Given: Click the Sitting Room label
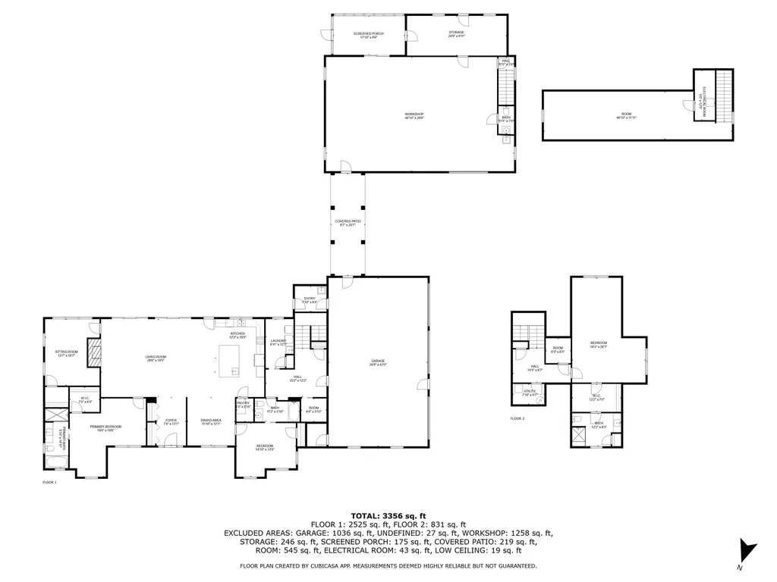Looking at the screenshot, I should tap(67, 353).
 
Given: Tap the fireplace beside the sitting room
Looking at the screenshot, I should tap(93, 352).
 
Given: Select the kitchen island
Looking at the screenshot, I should tap(229, 361).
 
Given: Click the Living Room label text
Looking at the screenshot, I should tap(156, 358).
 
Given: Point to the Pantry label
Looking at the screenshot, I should tap(243, 405).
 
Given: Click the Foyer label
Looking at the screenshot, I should tap(171, 422).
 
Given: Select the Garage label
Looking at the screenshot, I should tap(378, 363).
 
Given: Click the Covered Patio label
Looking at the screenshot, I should tap(348, 223).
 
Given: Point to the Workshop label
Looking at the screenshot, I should tap(414, 116).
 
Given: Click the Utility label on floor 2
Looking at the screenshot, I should tap(529, 393).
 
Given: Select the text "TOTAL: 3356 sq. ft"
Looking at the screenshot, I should tap(388, 515).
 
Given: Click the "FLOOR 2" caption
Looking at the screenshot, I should tap(517, 418).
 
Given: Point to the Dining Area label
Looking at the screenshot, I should tap(211, 422).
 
